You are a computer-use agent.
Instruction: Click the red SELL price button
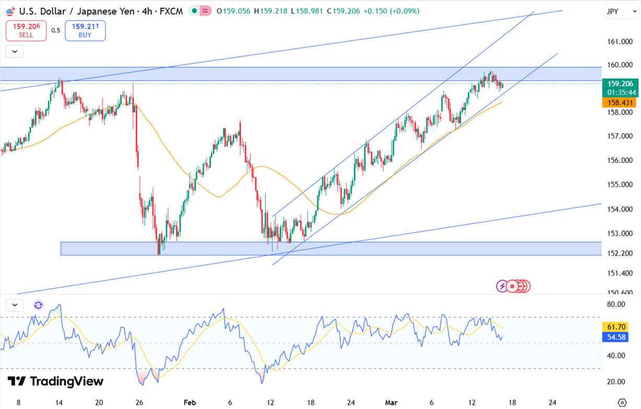click(26, 31)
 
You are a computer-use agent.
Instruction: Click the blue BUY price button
click(85, 31)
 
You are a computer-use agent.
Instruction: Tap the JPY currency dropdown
click(621, 11)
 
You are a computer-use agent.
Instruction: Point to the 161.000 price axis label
click(620, 42)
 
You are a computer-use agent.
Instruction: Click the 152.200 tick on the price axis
click(620, 253)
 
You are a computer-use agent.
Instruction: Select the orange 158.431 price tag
click(620, 103)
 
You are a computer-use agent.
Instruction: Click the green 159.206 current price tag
click(620, 84)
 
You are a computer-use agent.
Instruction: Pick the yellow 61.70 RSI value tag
click(620, 327)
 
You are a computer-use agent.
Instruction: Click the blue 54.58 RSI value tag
click(620, 337)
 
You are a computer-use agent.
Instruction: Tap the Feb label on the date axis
click(190, 403)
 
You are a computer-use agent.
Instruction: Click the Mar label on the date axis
click(391, 403)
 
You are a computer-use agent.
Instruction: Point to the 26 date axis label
click(139, 403)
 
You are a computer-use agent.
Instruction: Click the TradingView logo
click(55, 381)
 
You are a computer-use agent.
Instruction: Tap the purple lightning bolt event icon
click(502, 286)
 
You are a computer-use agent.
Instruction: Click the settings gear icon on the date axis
click(622, 403)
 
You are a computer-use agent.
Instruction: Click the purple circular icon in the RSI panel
click(38, 305)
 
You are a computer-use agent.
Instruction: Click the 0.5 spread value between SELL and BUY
click(55, 30)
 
